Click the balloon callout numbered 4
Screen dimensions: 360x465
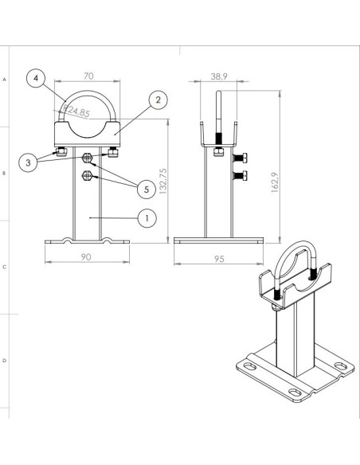[x=36, y=78]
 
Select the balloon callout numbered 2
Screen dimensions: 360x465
[x=158, y=100]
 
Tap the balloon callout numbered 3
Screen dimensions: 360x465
[x=28, y=162]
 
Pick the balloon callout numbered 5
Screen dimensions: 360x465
[x=147, y=190]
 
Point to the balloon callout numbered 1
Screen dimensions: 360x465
[x=147, y=218]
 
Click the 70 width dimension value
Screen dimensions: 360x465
[x=88, y=76]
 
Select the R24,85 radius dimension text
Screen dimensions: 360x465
[x=76, y=111]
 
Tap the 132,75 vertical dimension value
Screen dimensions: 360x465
[x=163, y=182]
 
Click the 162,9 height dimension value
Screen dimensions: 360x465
[x=275, y=182]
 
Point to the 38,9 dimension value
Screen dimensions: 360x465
[x=219, y=76]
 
